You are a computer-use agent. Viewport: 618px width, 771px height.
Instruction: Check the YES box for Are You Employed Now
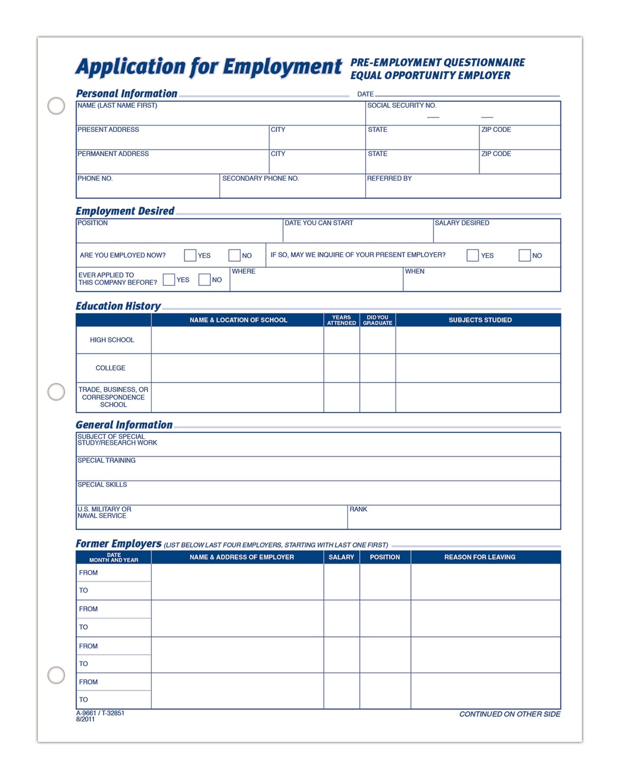pyautogui.click(x=190, y=255)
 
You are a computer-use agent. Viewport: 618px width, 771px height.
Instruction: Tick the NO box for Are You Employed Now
pyautogui.click(x=234, y=255)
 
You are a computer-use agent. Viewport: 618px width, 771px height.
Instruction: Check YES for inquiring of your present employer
pyautogui.click(x=472, y=255)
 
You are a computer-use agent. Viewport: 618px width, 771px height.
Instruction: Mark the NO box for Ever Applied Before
pyautogui.click(x=204, y=280)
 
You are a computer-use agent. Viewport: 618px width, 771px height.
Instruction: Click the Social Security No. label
pyautogui.click(x=402, y=106)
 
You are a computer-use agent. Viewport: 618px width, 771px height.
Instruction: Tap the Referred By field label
pyautogui.click(x=389, y=179)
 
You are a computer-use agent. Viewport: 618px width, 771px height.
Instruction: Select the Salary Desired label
pyautogui.click(x=462, y=223)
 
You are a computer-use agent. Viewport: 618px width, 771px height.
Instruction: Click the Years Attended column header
pyautogui.click(x=342, y=320)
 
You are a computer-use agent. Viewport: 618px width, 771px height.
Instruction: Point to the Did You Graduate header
pyautogui.click(x=377, y=320)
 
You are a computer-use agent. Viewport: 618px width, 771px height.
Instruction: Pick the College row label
pyautogui.click(x=111, y=368)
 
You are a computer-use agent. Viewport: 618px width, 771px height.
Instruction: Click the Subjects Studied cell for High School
pyautogui.click(x=477, y=340)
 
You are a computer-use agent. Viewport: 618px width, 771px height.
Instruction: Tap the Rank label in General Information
pyautogui.click(x=358, y=509)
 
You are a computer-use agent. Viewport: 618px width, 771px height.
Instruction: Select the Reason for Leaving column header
pyautogui.click(x=480, y=557)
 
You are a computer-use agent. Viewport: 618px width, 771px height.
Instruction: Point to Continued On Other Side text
pyautogui.click(x=509, y=714)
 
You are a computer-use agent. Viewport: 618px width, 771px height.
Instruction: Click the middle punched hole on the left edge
pyautogui.click(x=56, y=392)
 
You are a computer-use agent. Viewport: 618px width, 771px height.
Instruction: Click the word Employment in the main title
pyautogui.click(x=282, y=67)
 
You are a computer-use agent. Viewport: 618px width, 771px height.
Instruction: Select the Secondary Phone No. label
pyautogui.click(x=260, y=179)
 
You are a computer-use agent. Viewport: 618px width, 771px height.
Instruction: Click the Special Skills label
pyautogui.click(x=102, y=485)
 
